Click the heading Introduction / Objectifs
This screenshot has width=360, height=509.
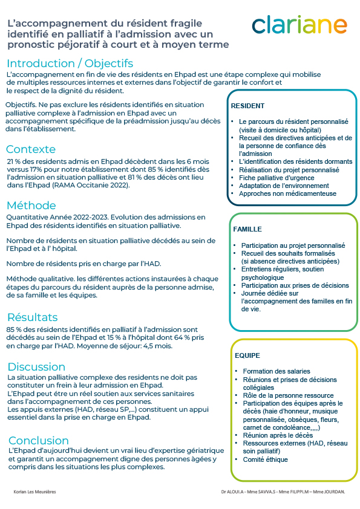pos(70,63)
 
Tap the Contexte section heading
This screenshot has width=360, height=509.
pos(31,149)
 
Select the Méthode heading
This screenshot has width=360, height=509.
pos(31,205)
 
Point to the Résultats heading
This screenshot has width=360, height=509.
pos(33,317)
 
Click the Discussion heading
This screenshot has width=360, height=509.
pos(36,367)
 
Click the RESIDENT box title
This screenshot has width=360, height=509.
pos(247,106)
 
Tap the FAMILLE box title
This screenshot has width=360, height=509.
pos(247,230)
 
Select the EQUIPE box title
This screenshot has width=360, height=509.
pos(246,355)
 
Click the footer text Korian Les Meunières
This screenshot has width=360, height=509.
pos(34,491)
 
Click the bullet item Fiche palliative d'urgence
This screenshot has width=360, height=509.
pos(277,178)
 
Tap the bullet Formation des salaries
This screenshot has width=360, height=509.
pos(277,371)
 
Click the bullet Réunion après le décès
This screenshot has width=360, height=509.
pos(278,435)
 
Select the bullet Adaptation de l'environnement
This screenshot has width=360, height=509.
pos(284,186)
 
